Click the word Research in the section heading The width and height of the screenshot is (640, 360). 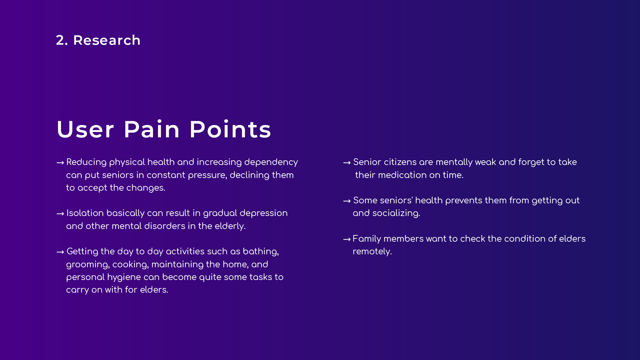point(107,40)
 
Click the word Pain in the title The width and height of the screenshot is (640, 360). point(152,129)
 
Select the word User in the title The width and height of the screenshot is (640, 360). point(86,129)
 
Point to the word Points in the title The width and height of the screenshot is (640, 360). point(230,129)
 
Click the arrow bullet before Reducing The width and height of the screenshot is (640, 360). point(60,163)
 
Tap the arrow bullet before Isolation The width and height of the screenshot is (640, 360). point(60,214)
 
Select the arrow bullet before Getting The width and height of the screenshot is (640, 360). point(60,252)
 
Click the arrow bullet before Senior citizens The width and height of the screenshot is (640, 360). point(347,163)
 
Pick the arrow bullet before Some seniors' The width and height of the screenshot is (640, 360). point(347,201)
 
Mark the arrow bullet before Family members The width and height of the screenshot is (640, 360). point(347,239)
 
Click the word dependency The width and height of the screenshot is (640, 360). point(271,162)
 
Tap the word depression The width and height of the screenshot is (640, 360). point(264,213)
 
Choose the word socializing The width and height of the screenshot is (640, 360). point(396,213)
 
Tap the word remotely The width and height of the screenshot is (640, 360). point(372,252)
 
